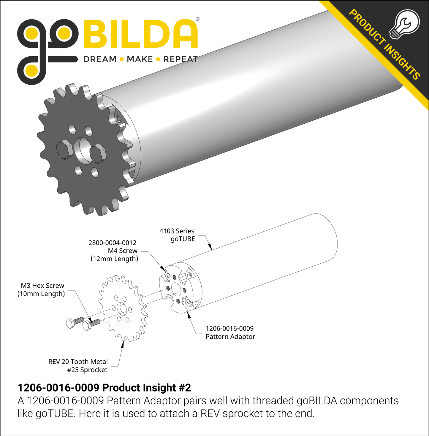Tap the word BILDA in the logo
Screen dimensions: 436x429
tap(141, 34)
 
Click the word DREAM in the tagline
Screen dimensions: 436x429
tap(100, 59)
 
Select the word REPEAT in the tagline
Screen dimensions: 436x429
tap(181, 59)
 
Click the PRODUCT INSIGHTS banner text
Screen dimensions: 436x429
tap(384, 44)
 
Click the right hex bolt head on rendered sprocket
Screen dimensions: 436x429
tap(97, 154)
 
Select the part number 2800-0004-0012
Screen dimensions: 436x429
tap(113, 243)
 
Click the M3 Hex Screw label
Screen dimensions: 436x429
tap(42, 286)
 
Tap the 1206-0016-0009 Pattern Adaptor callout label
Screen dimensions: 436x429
tap(230, 332)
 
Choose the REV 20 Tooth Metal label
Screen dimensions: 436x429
tap(78, 362)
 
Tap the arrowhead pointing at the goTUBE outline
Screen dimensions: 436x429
tap(210, 247)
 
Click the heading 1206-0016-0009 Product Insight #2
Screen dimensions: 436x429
tap(104, 388)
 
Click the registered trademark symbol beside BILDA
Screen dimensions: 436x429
tap(197, 19)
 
